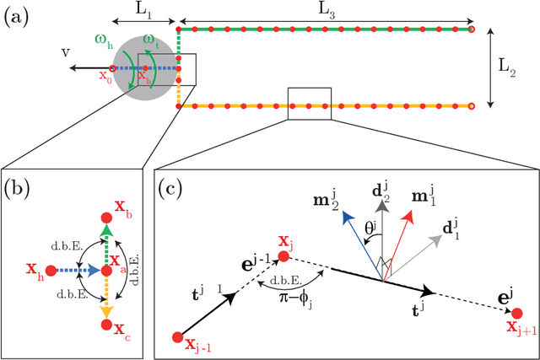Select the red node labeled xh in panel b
[x=51, y=271]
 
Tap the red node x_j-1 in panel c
[x=177, y=338]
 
